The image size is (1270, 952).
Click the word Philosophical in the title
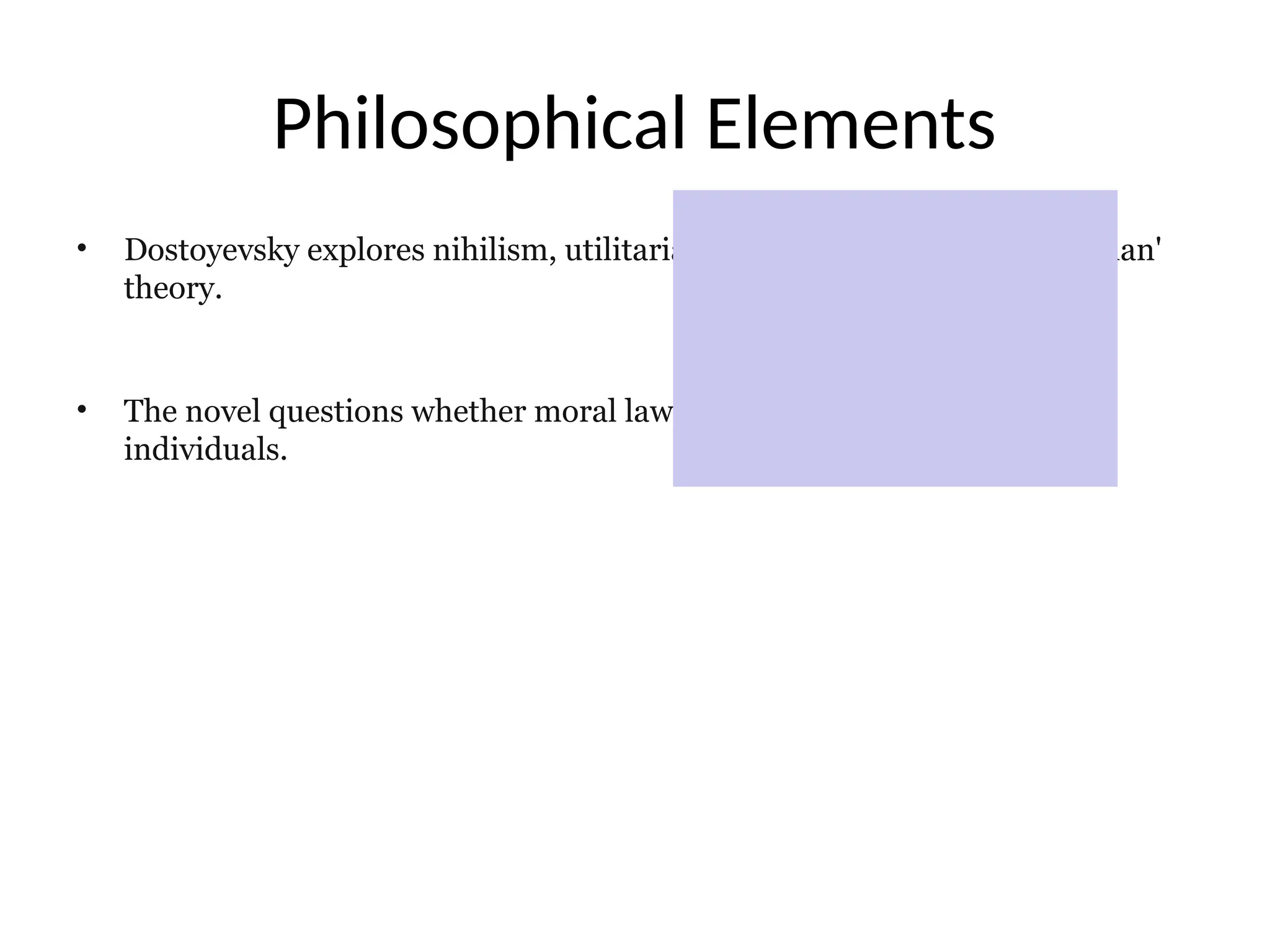tap(479, 124)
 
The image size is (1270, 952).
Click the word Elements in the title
tap(850, 124)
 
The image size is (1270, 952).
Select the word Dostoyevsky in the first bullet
tap(211, 251)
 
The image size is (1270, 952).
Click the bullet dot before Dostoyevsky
tap(81, 249)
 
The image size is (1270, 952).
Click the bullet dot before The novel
tap(81, 409)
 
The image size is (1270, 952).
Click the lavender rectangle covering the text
tap(895, 338)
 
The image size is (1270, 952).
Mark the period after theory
tap(218, 297)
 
